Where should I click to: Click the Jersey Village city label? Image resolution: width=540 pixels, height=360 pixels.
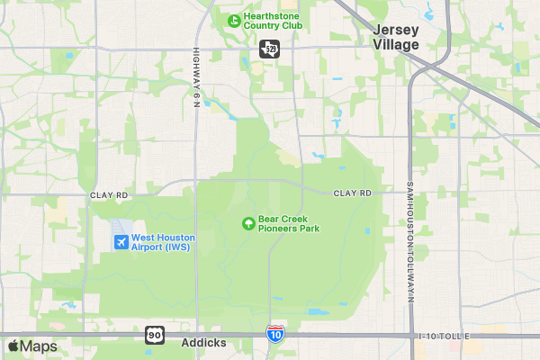pyautogui.click(x=397, y=36)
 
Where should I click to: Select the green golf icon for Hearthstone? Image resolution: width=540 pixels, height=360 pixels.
pyautogui.click(x=233, y=20)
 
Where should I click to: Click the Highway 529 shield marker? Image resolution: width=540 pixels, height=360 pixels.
pyautogui.click(x=268, y=49)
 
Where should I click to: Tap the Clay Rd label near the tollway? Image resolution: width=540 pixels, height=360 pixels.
pyautogui.click(x=353, y=193)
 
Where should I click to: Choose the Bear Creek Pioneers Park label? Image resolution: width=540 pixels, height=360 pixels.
pyautogui.click(x=289, y=223)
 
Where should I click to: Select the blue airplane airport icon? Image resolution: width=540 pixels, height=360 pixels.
pyautogui.click(x=121, y=242)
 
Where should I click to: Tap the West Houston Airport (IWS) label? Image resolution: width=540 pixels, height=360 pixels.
pyautogui.click(x=163, y=242)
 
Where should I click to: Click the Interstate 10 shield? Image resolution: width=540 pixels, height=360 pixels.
pyautogui.click(x=275, y=334)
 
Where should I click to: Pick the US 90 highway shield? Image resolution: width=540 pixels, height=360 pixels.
pyautogui.click(x=155, y=335)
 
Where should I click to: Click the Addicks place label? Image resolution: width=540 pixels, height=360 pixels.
pyautogui.click(x=203, y=343)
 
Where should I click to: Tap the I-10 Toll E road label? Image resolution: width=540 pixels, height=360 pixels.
pyautogui.click(x=445, y=336)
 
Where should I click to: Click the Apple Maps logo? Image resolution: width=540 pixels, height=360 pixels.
pyautogui.click(x=32, y=346)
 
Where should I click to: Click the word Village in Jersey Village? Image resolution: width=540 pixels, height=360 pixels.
pyautogui.click(x=397, y=44)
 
